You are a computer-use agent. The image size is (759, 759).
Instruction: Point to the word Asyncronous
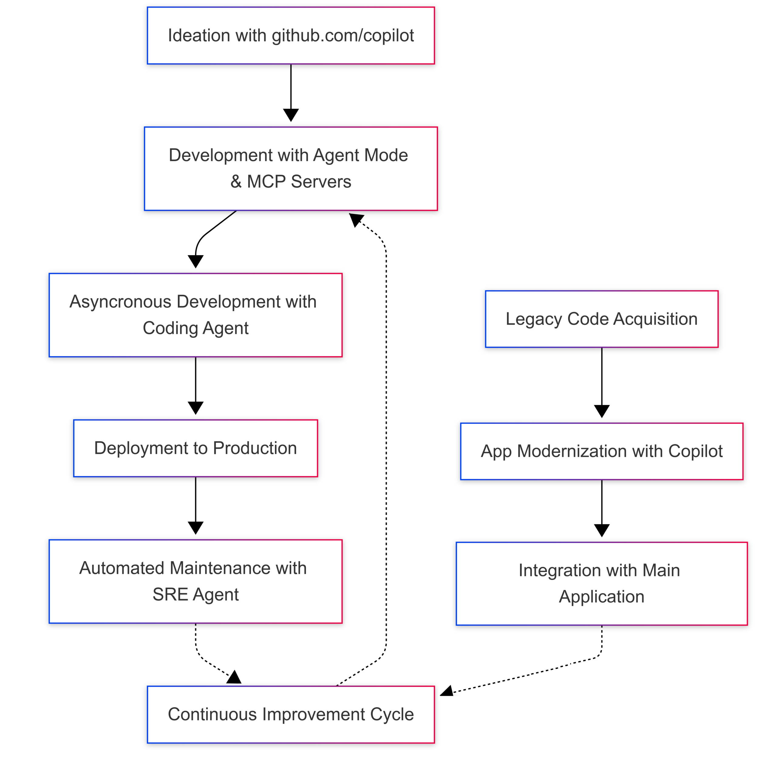coord(120,302)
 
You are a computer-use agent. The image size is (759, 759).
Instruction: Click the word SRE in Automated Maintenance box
coord(170,594)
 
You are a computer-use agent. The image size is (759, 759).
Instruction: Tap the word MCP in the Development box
coord(266,182)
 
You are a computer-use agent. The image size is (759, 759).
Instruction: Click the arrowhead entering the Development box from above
coord(291,115)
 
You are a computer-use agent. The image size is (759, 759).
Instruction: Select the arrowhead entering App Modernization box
coord(601,411)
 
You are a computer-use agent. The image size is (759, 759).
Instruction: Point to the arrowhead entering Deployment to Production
coord(196,408)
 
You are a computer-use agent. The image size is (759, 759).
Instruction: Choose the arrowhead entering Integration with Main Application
coord(601,530)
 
